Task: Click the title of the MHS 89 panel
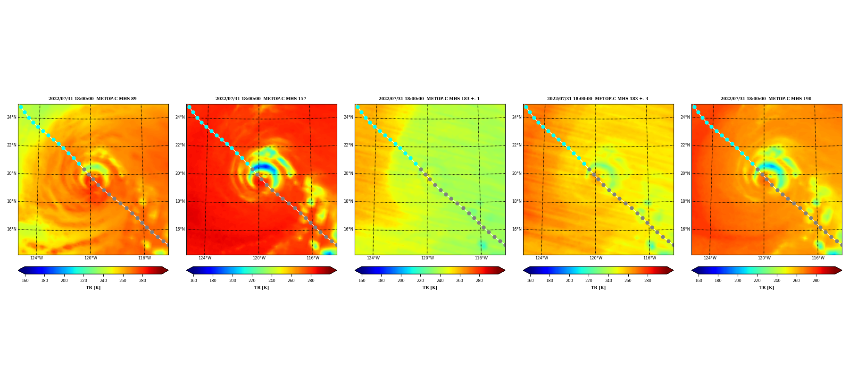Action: point(92,99)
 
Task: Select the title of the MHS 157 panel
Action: point(261,99)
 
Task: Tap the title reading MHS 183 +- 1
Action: point(429,99)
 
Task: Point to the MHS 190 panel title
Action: point(766,99)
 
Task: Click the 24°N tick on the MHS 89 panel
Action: point(11,117)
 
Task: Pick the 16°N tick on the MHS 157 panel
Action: point(180,229)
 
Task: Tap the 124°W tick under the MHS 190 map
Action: point(710,258)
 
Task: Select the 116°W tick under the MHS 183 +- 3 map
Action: point(649,258)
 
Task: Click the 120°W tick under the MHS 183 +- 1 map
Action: point(427,258)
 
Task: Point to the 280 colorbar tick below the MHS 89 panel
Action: point(142,281)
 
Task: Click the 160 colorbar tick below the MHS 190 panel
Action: point(699,281)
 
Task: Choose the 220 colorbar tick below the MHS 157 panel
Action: point(252,281)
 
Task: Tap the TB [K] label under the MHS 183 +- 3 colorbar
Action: point(598,288)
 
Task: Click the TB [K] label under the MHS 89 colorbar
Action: point(93,288)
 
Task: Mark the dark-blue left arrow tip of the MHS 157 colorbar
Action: point(187,270)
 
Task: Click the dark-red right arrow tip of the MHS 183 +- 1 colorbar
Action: point(505,270)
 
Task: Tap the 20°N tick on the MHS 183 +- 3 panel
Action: point(516,173)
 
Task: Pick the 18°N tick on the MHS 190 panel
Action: point(685,201)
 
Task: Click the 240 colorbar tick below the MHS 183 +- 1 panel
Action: point(440,281)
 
